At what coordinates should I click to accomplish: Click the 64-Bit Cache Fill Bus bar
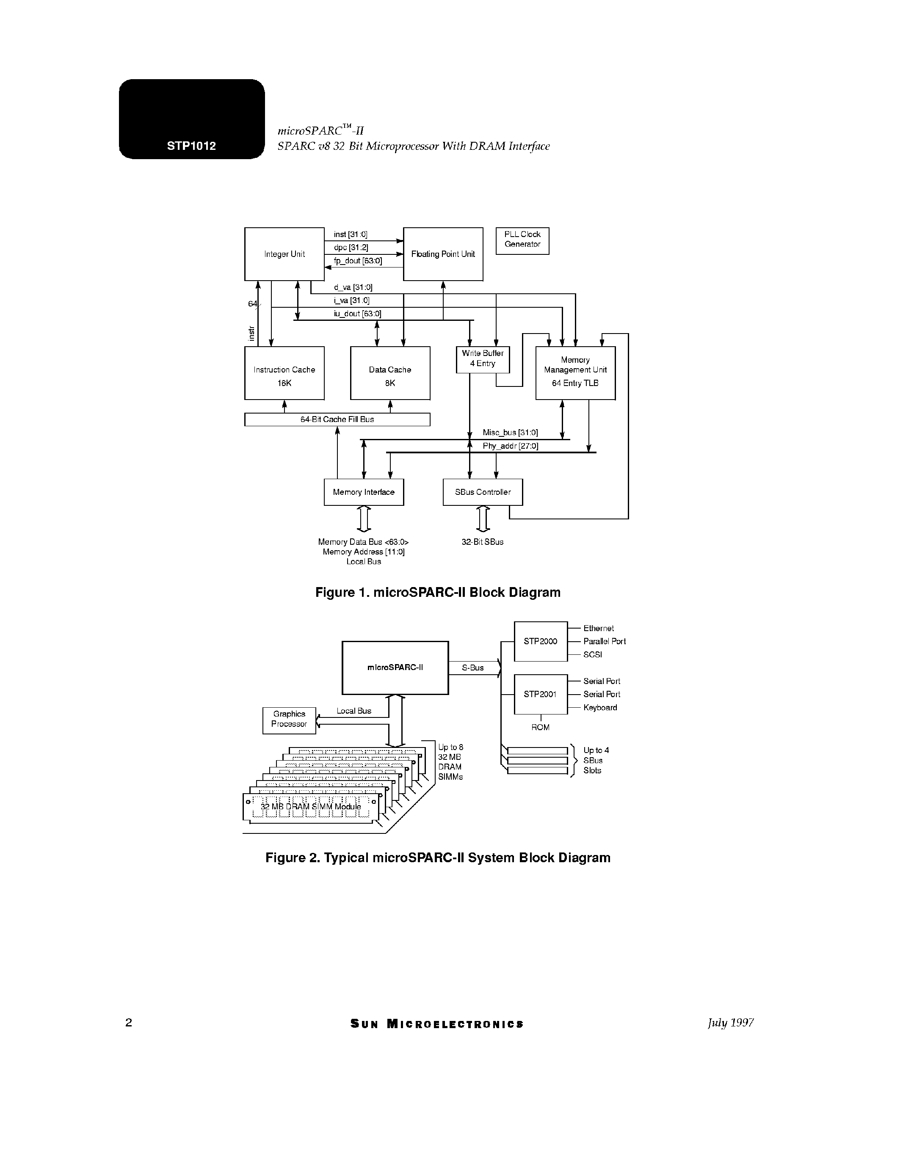coord(337,419)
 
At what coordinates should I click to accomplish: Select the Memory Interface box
coord(364,492)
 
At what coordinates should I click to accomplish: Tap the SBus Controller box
coord(483,492)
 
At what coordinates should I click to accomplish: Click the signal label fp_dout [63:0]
coord(358,261)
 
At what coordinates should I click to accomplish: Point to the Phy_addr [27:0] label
coord(510,446)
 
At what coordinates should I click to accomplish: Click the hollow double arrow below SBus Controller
coord(483,519)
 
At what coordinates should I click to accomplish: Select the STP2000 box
coord(540,641)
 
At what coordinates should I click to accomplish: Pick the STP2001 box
coord(540,694)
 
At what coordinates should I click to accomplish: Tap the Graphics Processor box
coord(289,720)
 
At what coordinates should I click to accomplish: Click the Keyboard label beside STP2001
coord(600,708)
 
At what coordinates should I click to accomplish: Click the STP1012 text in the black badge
coord(191,146)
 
